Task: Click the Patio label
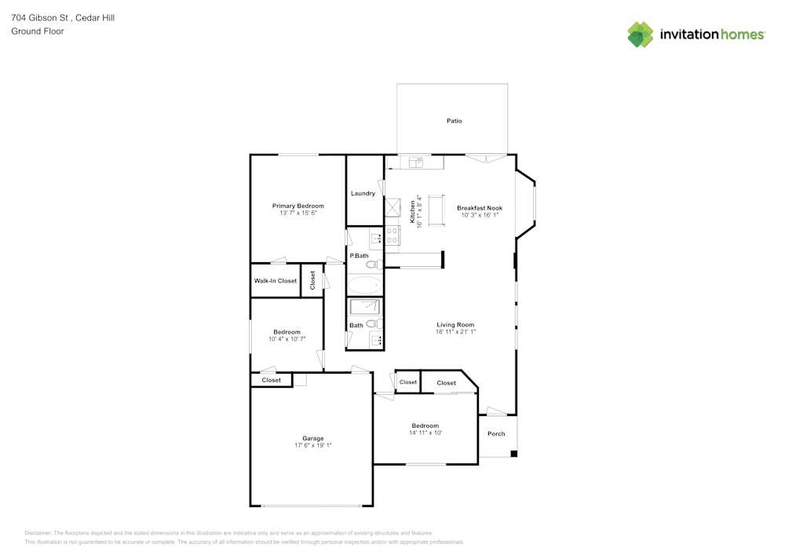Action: click(x=454, y=121)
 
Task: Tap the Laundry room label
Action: click(x=363, y=193)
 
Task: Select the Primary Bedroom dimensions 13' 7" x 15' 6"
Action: click(x=298, y=214)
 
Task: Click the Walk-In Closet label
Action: click(x=275, y=281)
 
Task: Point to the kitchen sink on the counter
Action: click(x=415, y=162)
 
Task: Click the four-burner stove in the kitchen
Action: click(x=392, y=236)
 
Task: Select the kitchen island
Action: click(x=436, y=210)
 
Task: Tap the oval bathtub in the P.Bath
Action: click(x=364, y=285)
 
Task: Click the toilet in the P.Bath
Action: click(x=374, y=265)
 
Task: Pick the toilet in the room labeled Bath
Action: click(x=373, y=323)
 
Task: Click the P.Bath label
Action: click(x=359, y=256)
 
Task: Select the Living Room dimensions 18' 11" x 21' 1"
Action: click(x=455, y=332)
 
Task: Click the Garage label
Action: click(x=313, y=439)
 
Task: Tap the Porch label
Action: click(x=496, y=434)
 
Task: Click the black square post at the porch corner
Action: click(x=513, y=454)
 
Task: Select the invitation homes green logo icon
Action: click(x=641, y=35)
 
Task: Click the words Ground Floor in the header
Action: click(x=38, y=31)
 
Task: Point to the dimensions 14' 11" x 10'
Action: click(x=425, y=433)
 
